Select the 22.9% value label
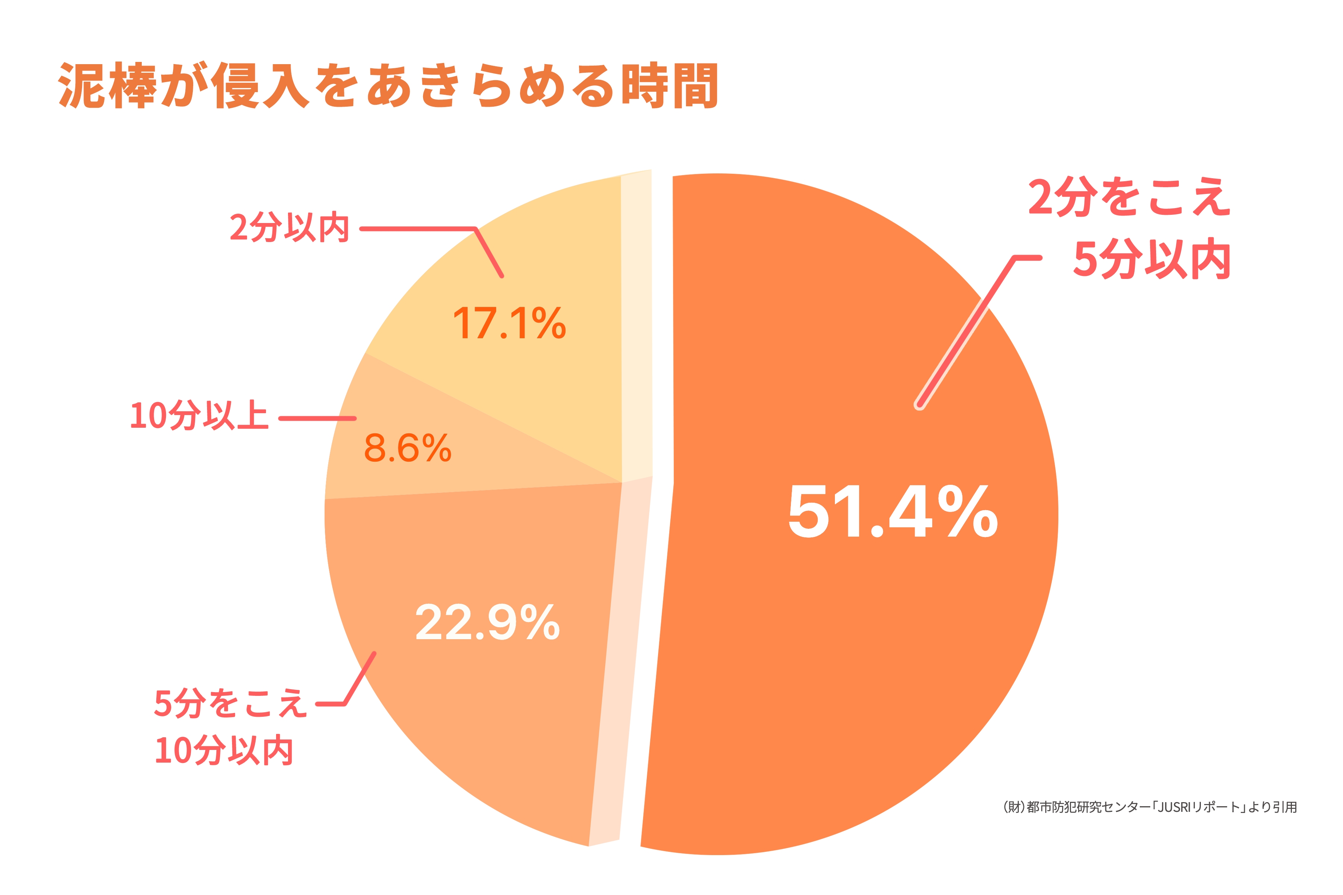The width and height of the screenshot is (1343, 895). [487, 623]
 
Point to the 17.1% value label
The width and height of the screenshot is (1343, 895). [509, 324]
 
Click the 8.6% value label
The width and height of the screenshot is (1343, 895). [408, 448]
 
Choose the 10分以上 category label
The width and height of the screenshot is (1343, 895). [199, 415]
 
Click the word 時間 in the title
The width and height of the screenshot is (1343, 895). [669, 86]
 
